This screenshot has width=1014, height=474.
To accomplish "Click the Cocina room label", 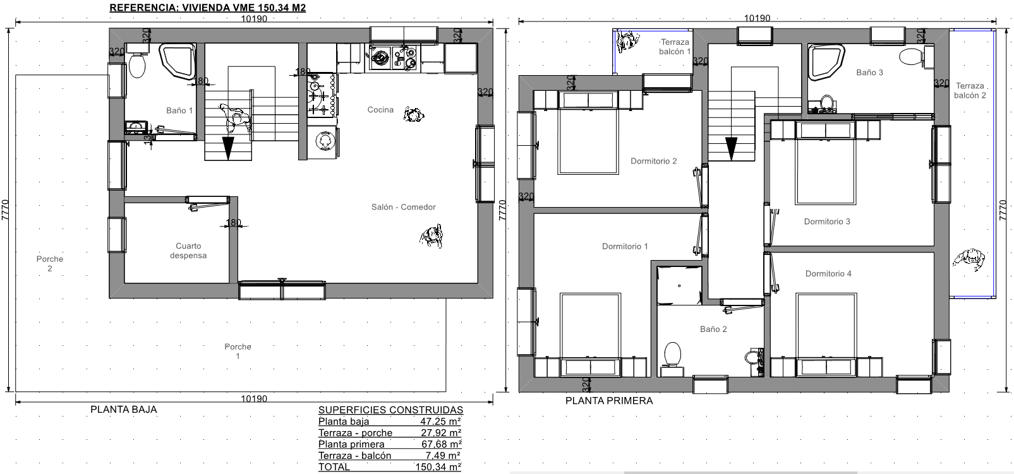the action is coord(380,110).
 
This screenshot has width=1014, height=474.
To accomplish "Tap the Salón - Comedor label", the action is coord(403,207).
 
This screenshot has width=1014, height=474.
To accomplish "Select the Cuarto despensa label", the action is coord(188,251).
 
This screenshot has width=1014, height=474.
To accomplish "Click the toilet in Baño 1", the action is coord(137,65).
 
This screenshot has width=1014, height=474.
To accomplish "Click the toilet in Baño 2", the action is coord(673,355).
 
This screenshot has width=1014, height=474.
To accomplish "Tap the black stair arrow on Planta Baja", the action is coord(228,148).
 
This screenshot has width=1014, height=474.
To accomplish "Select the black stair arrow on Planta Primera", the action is coord(731,149).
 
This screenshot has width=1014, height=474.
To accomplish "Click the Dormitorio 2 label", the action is coord(654,161).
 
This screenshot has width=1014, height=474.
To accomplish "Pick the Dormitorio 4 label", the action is coord(828,274).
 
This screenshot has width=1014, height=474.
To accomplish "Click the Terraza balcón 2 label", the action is coord(970,90).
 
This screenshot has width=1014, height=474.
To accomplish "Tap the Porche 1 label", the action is coord(238,352).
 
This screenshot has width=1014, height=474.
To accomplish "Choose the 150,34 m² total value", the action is coord(438,467).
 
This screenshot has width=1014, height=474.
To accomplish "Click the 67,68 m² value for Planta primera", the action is coord(442,444).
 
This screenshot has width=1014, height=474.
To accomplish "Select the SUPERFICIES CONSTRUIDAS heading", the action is coord(390,410).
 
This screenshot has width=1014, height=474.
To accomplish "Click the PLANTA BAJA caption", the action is coord(124,410).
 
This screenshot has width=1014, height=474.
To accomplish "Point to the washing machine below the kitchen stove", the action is coord(323,142).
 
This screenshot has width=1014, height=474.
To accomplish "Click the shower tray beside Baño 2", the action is coord(679,285).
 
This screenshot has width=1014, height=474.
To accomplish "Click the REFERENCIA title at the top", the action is coord(208,8).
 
